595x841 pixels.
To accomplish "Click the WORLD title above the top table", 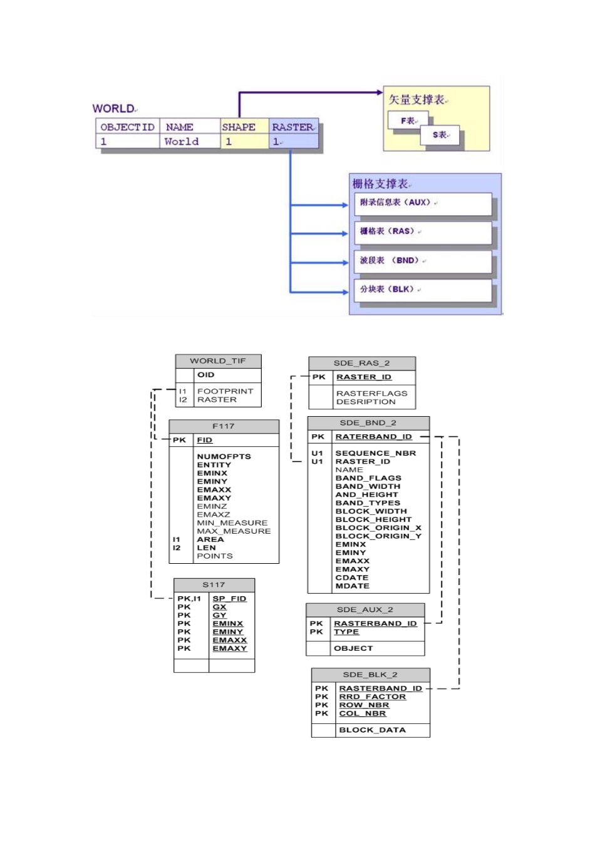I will point(113,109).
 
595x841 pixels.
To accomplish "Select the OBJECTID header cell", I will point(127,127).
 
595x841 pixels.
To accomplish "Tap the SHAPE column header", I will point(239,127).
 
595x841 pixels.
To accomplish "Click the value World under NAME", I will point(181,142).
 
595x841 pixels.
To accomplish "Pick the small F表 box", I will point(408,120).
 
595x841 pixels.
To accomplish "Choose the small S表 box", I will point(440,135).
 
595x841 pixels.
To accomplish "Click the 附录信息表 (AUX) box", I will point(423,203).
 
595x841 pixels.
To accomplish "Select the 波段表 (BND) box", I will point(423,260).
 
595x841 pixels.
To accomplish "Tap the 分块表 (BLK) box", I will point(423,289).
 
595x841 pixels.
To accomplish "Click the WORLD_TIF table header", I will point(218,361).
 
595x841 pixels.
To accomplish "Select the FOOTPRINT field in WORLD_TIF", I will point(225,391).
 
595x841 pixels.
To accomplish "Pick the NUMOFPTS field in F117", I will point(224,457).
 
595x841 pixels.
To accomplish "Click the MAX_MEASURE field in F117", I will point(234,531).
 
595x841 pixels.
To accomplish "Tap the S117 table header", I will point(214,584).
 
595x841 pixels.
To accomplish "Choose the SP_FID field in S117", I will point(229,599).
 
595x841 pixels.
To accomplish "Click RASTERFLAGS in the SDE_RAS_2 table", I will point(371,394).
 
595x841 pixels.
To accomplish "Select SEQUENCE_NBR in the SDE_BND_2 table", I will point(375,453).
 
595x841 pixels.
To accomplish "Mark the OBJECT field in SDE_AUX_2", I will point(353,648).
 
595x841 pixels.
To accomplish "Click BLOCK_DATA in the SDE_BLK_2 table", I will point(372,730).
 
